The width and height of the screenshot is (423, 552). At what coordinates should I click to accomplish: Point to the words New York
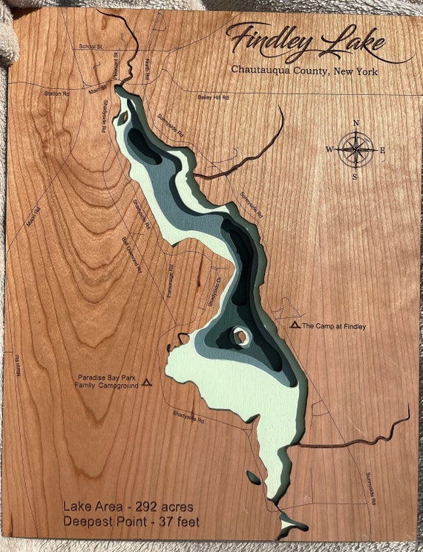point(355,71)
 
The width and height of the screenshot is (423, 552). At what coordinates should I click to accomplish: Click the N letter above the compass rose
point(356,123)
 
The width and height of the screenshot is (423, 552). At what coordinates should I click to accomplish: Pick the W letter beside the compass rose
point(329,149)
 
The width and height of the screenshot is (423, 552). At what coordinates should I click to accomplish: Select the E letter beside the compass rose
point(383,150)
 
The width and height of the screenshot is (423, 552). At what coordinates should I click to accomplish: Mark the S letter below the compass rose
point(355,177)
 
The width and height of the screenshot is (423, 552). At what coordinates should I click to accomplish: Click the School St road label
point(90,47)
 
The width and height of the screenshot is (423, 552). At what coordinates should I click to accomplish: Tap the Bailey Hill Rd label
point(213,97)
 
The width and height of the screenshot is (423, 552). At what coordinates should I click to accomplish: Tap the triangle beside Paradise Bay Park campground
point(147,382)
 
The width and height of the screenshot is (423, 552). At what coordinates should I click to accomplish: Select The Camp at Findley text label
point(335,326)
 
